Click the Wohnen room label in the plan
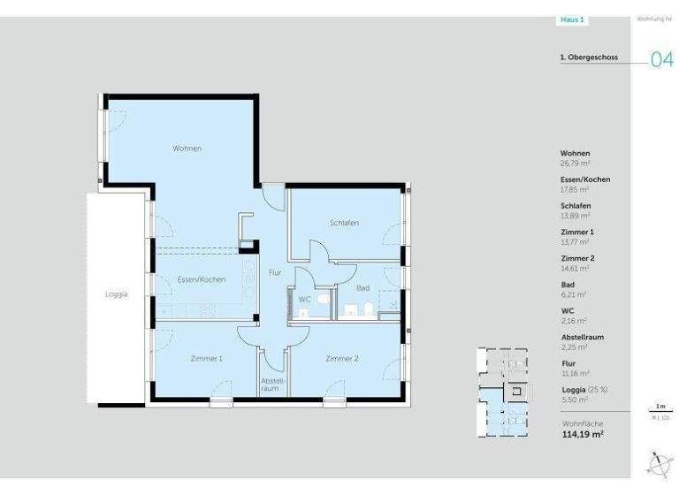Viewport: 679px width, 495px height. [x=187, y=148]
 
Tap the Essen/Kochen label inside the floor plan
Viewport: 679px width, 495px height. [x=201, y=279]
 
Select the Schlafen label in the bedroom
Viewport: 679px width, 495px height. [x=344, y=223]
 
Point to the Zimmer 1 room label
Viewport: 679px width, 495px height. [x=206, y=359]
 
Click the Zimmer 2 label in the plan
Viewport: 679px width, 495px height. [x=341, y=359]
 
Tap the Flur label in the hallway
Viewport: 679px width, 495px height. [x=275, y=273]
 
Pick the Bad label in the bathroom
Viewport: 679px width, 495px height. [x=362, y=288]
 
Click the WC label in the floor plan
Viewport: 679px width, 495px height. [x=304, y=300]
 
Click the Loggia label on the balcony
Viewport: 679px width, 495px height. [x=116, y=295]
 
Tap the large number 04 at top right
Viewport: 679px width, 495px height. [x=662, y=60]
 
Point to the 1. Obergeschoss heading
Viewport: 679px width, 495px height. [x=588, y=57]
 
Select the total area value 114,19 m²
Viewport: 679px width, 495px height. [x=583, y=434]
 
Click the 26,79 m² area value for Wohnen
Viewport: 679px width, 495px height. [x=576, y=163]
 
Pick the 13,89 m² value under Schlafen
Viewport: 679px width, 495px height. [x=576, y=216]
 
